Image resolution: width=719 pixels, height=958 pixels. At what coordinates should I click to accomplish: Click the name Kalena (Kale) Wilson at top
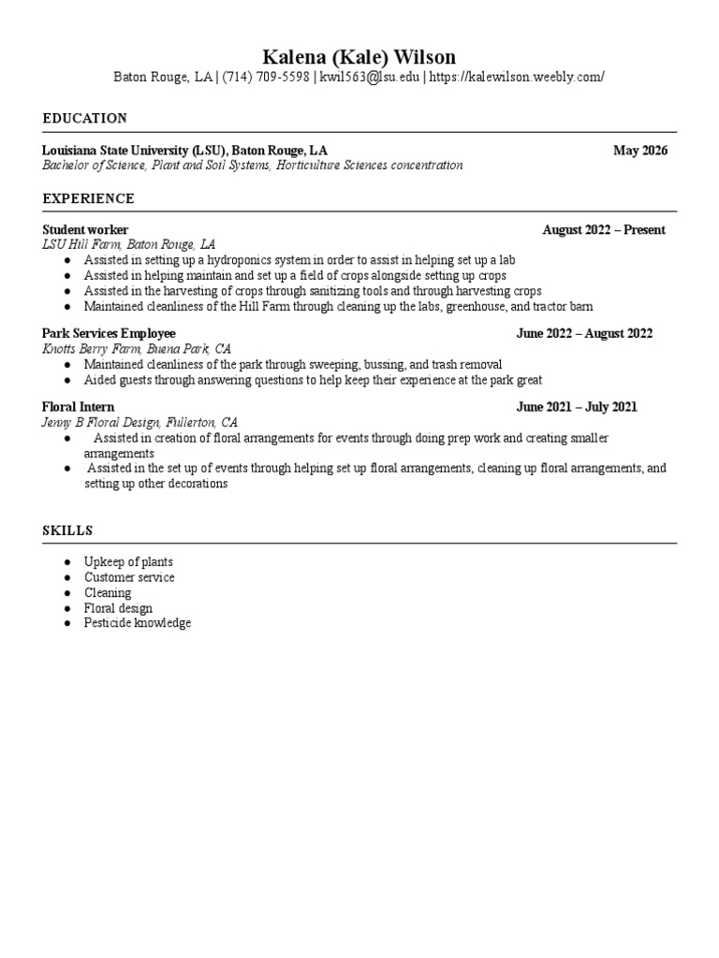point(359,57)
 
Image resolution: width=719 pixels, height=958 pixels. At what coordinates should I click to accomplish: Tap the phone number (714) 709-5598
point(266,78)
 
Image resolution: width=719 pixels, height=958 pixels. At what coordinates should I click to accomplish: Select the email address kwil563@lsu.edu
point(370,78)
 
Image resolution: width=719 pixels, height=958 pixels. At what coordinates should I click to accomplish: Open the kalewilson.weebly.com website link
point(517,78)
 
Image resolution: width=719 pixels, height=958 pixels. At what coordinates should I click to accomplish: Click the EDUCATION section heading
point(85,119)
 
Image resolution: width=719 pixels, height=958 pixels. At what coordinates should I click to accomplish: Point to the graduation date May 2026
point(640,151)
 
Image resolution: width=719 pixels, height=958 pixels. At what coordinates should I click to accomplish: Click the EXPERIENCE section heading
point(89,199)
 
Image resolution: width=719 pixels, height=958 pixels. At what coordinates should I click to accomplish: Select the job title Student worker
point(85,230)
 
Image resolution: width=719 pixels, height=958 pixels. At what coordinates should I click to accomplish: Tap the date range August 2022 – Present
point(604,230)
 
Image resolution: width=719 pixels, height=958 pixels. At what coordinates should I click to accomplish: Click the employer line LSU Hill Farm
point(129,244)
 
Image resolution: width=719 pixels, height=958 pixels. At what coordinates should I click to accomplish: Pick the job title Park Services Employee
point(109,333)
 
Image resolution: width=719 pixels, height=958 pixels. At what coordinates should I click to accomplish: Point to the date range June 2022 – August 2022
point(584,333)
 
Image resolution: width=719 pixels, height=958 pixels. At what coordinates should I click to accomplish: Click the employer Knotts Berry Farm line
point(137,348)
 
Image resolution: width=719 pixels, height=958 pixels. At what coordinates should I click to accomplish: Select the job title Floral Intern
point(79,407)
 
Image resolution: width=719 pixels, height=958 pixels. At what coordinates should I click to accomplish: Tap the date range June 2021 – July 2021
point(577,407)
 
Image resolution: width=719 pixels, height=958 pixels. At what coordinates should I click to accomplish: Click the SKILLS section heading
point(67,530)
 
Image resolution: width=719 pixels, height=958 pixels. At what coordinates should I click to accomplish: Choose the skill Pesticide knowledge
point(137,623)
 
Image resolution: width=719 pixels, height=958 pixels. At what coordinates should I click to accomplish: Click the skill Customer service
point(129,577)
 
